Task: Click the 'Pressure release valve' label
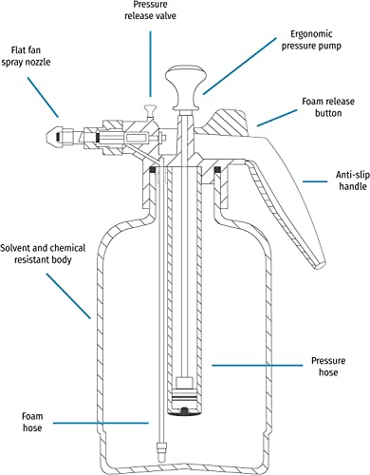coord(150,10)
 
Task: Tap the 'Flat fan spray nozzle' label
coord(26,56)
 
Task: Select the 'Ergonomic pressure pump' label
coord(311,40)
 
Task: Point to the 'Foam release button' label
coord(328,107)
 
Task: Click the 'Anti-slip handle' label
coord(353,180)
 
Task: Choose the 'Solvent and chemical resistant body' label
coord(43,254)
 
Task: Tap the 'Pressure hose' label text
coord(328,366)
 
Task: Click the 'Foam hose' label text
coord(32,422)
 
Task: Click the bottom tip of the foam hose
coord(161,454)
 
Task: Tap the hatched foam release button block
coord(227,123)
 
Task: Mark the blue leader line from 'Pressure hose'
coord(257,366)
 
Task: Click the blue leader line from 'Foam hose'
coord(101,423)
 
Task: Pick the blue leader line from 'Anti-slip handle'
coord(315,181)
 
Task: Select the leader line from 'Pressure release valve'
coord(150,64)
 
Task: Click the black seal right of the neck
coord(217,169)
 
